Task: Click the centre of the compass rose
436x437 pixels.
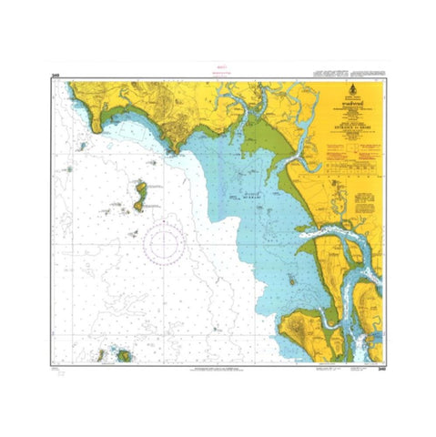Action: coord(164,243)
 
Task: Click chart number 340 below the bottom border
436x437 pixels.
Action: coord(380,369)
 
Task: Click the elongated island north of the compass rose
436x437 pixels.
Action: coord(140,194)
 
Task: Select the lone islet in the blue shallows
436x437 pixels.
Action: coord(290,279)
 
